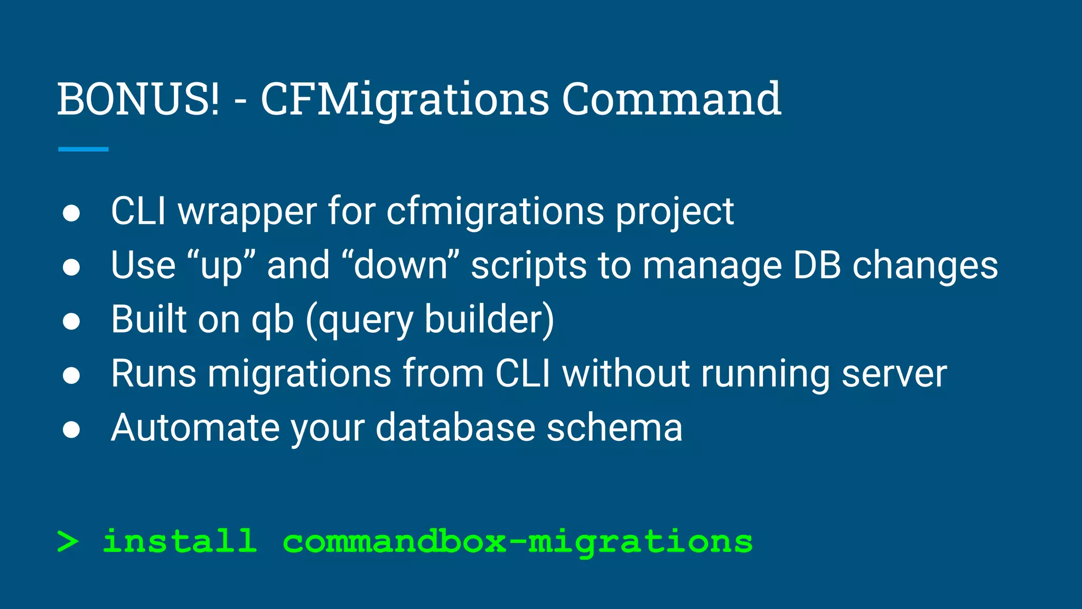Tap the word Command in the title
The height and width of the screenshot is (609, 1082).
pos(671,99)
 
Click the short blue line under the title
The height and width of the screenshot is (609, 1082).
pos(83,150)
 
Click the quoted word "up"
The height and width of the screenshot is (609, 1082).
pos(221,266)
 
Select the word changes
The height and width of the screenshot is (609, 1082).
pos(925,266)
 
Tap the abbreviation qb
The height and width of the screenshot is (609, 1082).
pos(272,320)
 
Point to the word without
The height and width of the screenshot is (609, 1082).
pos(626,374)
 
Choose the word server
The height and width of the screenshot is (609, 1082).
pos(894,374)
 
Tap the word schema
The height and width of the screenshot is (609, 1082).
pos(614,428)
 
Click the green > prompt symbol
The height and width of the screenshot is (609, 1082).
pos(68,542)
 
